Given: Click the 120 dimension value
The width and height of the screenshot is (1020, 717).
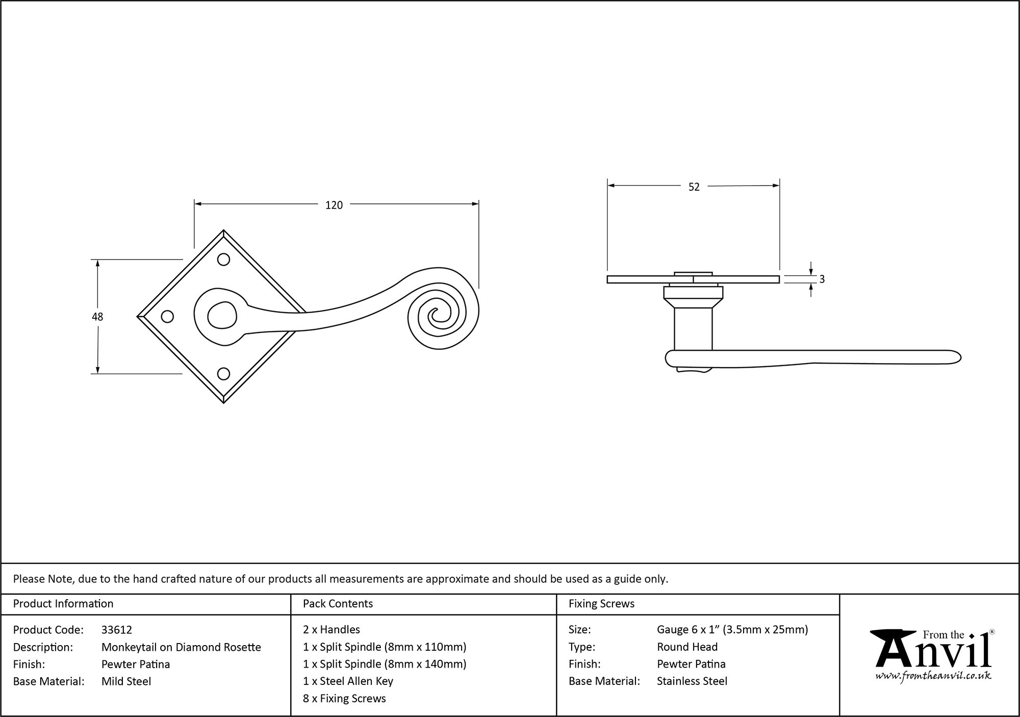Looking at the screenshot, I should pos(334,205).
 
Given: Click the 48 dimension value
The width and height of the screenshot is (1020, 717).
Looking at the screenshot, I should pos(97,317).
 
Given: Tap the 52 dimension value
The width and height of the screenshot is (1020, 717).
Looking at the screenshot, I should pos(694,187).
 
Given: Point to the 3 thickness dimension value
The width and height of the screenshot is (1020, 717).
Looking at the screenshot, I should pos(822,279).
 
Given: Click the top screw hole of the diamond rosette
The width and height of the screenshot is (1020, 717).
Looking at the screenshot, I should pos(223,260).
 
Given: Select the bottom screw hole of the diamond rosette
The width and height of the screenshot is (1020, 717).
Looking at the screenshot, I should pos(223,374).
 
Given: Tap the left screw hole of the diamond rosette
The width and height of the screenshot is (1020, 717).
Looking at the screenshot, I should pos(167,317).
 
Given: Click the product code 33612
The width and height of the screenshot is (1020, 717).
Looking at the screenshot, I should pos(117,630).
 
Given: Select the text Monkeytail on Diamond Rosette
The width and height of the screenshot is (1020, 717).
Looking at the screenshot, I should pos(181,647).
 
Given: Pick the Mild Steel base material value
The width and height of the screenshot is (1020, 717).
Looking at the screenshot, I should pos(126,681).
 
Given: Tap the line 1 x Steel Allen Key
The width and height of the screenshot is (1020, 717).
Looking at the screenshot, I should pos(348,681).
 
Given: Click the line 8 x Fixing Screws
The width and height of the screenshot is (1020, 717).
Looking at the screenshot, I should pos(344,699).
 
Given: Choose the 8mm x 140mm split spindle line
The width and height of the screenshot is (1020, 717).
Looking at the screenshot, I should pos(385,664).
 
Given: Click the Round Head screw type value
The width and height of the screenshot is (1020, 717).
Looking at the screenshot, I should pos(687,647).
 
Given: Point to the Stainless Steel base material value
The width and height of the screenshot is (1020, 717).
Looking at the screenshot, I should pos(692,681).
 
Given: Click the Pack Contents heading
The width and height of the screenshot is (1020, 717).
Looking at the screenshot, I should pos(338,604).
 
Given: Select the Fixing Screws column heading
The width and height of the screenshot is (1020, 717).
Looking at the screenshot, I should pos(601,604).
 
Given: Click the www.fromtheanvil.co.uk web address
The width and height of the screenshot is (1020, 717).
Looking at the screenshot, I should pos(933,676).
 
